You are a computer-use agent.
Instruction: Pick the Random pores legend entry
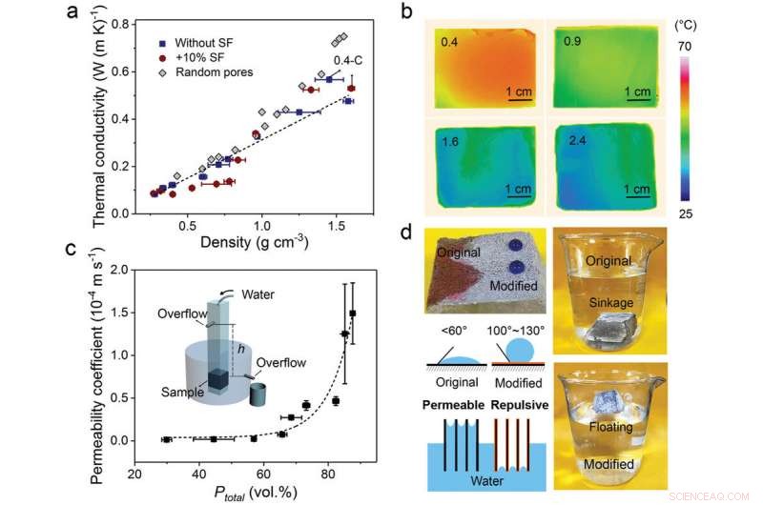tap(197, 73)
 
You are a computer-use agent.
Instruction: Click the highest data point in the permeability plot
tap(353, 313)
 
